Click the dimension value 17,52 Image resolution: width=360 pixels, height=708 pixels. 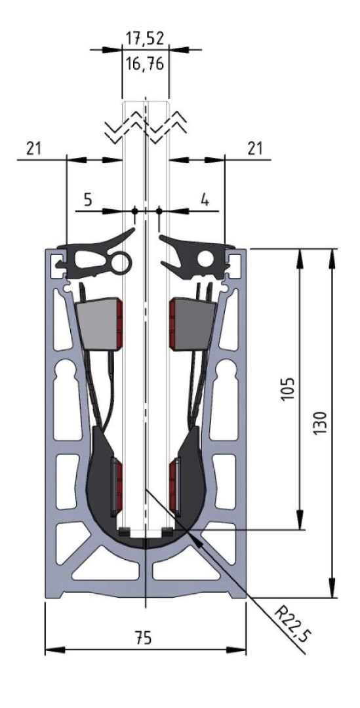(x=144, y=39)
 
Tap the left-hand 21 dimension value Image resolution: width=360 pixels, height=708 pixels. (x=33, y=149)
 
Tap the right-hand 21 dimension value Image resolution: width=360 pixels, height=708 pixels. (x=255, y=149)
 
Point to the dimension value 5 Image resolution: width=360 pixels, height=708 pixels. (x=88, y=199)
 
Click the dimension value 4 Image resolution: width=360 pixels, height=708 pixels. (x=205, y=199)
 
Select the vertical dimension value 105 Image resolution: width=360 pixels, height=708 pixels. (x=289, y=387)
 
